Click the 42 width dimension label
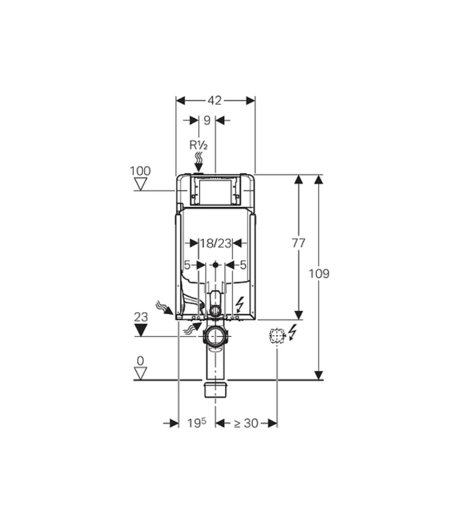click(214, 101)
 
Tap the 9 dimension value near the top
click(207, 120)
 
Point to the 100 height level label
click(140, 171)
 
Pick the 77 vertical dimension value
click(298, 243)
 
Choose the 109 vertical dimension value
click(319, 274)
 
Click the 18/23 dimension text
click(215, 243)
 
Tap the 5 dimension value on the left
click(187, 265)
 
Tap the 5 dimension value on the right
click(243, 265)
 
